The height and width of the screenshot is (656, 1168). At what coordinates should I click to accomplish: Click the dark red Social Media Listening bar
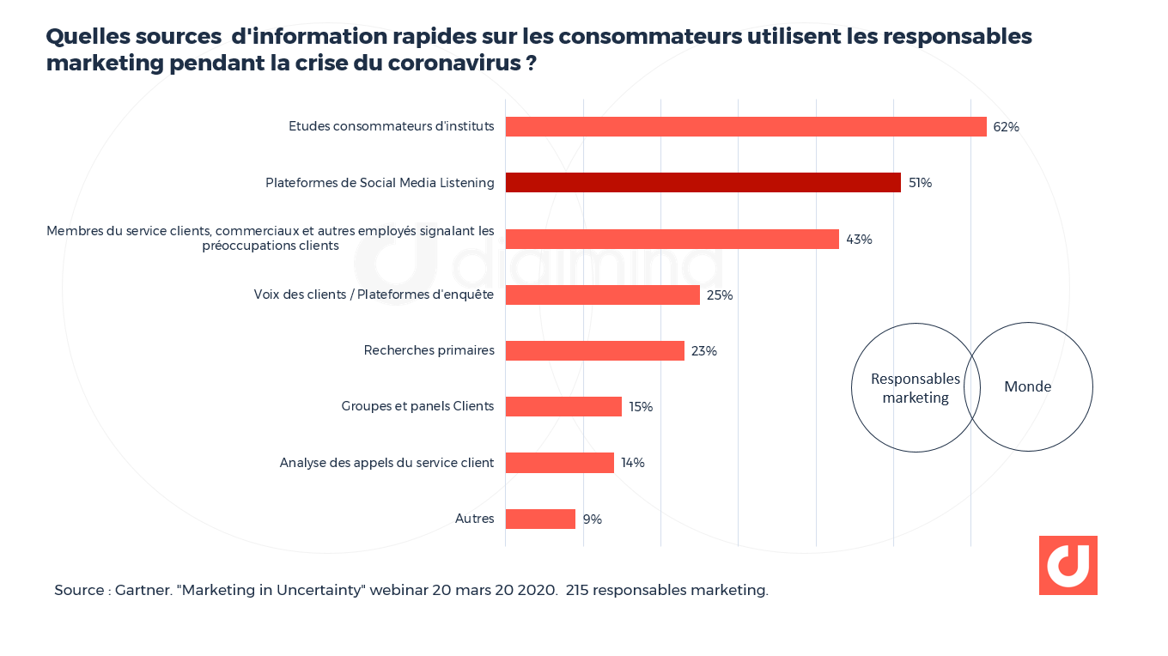(x=703, y=182)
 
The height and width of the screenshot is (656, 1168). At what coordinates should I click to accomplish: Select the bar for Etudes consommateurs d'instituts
(x=745, y=126)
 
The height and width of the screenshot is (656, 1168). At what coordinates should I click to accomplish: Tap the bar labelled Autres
(x=539, y=519)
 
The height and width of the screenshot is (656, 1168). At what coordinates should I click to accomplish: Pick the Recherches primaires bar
(x=594, y=350)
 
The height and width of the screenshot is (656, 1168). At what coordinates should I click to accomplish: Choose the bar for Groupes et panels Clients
(x=563, y=406)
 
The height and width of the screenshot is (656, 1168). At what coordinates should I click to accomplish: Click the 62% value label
(x=1006, y=127)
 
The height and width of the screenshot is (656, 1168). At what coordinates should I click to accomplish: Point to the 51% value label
(x=920, y=183)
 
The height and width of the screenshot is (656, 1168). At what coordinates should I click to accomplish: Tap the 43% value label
(x=859, y=240)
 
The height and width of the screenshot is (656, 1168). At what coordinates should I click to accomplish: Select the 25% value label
(x=720, y=295)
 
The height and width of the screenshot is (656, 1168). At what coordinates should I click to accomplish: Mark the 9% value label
(x=593, y=519)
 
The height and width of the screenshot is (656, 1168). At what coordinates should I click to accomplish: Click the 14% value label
(x=633, y=463)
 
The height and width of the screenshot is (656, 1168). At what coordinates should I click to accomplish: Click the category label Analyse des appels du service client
(x=386, y=463)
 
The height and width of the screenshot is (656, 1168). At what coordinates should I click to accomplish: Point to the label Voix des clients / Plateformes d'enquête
(x=374, y=295)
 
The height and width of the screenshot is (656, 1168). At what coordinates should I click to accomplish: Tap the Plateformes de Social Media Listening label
(x=380, y=183)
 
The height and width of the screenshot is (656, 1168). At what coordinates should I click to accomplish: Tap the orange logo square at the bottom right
(x=1068, y=565)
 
